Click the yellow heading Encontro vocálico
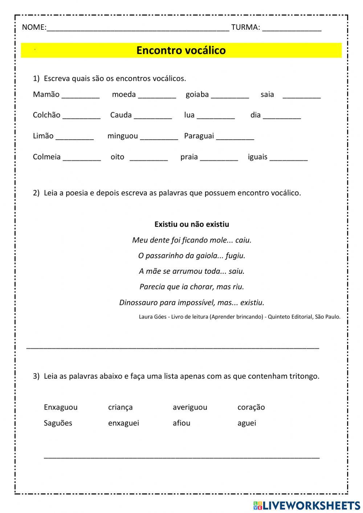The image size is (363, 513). pos(181,50)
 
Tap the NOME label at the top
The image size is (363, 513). pos(34,27)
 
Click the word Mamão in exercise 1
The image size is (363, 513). pos(46,94)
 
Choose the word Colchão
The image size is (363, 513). pos(46,115)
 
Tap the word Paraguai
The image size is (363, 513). pos(199,136)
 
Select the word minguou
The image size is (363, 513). pos(122,136)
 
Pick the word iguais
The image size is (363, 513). pos(257,157)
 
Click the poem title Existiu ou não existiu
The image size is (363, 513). pos(192,224)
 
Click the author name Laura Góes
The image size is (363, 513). pos(152,317)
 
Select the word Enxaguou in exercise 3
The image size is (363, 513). pos(61,407)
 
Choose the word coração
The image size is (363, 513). pos(251,407)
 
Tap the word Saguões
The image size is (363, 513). pos(58,423)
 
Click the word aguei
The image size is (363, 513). pos(246,423)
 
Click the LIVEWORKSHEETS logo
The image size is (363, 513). pos(307,505)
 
